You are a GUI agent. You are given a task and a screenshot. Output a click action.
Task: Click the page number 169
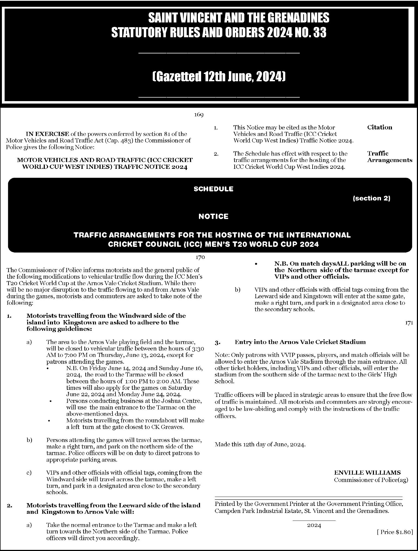[199, 115]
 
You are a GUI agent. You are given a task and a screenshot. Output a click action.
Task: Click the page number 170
[200, 257]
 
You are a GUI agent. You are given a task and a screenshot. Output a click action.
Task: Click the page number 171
[409, 323]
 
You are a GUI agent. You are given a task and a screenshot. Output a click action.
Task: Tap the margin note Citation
[379, 127]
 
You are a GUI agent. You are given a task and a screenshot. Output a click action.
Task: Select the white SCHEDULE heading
[213, 189]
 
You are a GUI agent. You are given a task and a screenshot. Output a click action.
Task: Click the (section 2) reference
[371, 198]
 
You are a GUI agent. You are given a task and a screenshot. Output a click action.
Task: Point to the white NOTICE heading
[213, 216]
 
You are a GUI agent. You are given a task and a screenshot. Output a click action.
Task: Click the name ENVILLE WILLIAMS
[367, 472]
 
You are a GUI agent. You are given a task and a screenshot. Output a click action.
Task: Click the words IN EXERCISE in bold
[47, 134]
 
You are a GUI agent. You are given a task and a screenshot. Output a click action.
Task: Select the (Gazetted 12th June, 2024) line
[219, 77]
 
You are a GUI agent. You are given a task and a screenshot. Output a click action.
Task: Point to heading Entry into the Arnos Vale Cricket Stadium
[300, 342]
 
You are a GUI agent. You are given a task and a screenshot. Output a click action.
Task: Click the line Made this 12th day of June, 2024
[260, 444]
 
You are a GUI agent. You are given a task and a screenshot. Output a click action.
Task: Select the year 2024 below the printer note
[314, 525]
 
